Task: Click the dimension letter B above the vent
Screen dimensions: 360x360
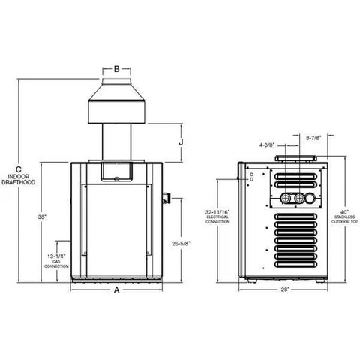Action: point(115,69)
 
